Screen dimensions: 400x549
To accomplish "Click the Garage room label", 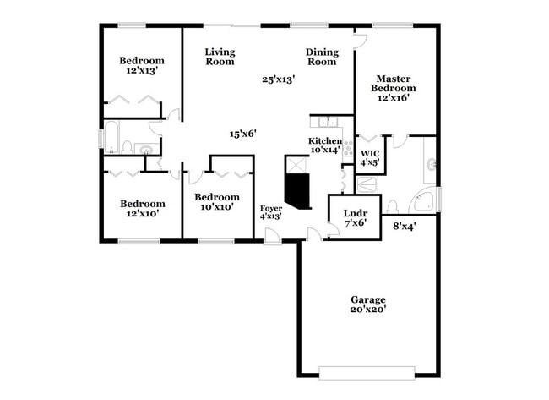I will point(368,299).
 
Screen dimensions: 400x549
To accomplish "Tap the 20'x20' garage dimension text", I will point(368,310).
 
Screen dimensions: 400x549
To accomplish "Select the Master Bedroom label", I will point(394,83).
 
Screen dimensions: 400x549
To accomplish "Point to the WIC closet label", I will point(370,153).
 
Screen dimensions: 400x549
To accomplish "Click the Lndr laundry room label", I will point(354,213).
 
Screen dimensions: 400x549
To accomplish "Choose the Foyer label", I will point(270,207).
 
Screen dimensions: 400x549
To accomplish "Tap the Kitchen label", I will point(324,141).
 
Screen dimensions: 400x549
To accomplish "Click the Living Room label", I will point(220,57).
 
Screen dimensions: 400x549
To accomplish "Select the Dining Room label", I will point(322,57).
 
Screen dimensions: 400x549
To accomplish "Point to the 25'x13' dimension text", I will point(278,79).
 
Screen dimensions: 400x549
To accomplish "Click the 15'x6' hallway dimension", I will point(243,133).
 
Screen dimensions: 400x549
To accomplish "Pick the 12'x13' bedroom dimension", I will point(141,71).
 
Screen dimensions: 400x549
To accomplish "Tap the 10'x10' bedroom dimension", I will point(217,207).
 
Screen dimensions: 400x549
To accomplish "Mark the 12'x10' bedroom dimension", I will point(141,213).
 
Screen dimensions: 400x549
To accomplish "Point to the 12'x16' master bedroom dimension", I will point(394,97).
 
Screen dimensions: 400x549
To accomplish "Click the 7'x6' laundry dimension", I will point(354,223).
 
